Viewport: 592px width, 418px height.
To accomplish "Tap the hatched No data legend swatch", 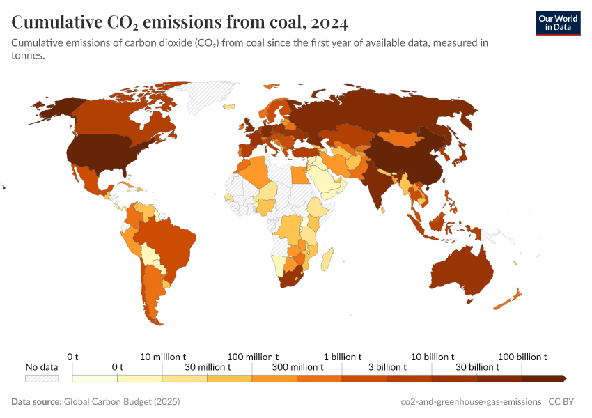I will pyautogui.click(x=42, y=378).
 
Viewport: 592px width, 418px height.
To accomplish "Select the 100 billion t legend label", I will pyautogui.click(x=522, y=357).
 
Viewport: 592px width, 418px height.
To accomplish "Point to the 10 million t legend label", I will pyautogui.click(x=163, y=357).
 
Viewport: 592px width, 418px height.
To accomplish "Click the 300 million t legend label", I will pyautogui.click(x=275, y=367).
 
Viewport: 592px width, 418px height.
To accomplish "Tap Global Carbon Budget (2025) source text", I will pyautogui.click(x=122, y=402).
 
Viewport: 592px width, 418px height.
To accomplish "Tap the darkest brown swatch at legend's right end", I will pyautogui.click(x=543, y=378).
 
